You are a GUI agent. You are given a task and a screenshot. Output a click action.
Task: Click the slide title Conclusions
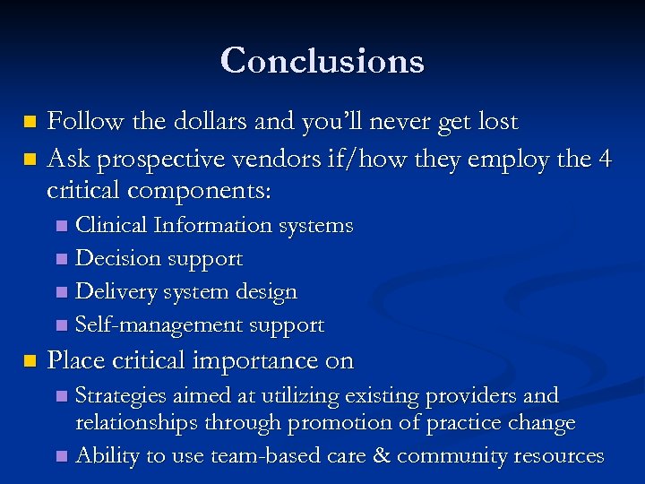pos(322,61)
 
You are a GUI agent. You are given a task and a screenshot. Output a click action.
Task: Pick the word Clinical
pos(112,225)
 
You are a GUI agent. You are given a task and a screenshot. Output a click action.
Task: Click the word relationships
pos(139,422)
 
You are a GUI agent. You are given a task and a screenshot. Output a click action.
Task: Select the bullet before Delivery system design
pos(60,292)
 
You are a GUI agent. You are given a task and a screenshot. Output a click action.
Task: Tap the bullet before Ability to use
pos(60,456)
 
